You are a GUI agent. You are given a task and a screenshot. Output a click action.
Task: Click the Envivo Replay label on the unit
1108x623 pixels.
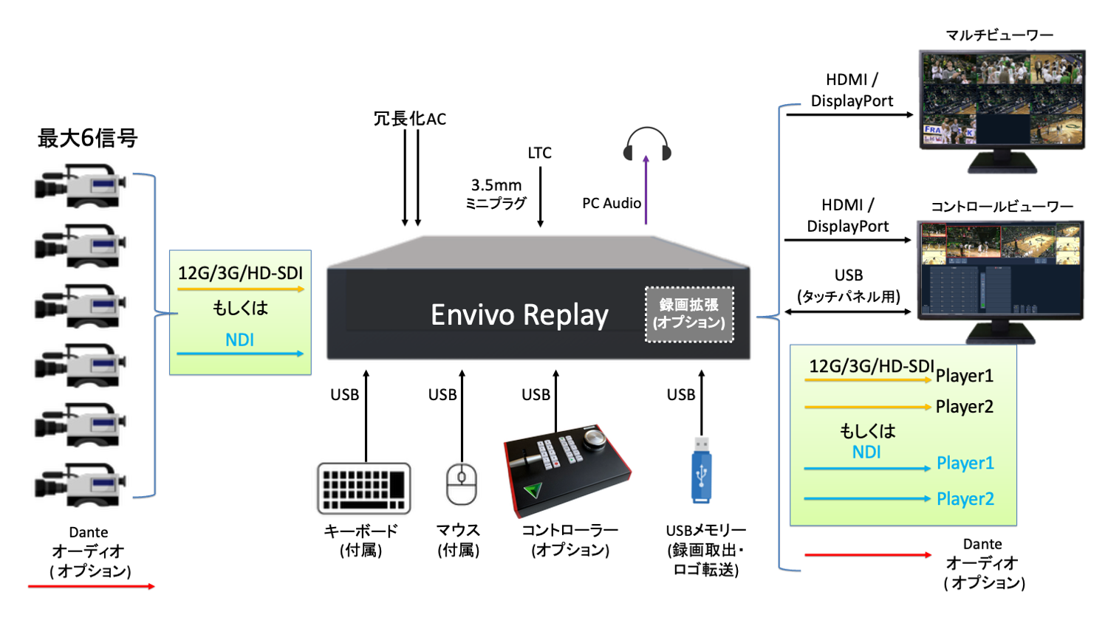pyautogui.click(x=519, y=315)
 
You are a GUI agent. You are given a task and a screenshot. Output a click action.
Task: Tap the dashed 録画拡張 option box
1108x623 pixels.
pyautogui.click(x=689, y=314)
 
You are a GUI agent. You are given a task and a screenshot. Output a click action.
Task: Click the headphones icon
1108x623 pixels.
pyautogui.click(x=646, y=143)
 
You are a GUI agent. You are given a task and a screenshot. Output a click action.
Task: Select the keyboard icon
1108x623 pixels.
pyautogui.click(x=363, y=488)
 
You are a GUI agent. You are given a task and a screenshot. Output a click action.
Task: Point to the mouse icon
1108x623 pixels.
pyautogui.click(x=462, y=484)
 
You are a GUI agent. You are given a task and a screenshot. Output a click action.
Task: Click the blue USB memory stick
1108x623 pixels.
pyautogui.click(x=701, y=469)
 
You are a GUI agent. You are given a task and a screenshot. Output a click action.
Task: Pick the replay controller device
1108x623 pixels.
pyautogui.click(x=566, y=469)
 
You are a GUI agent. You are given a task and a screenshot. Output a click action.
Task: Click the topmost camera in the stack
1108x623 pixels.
pyautogui.click(x=80, y=185)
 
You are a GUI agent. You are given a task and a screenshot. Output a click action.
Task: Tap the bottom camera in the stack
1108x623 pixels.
pyautogui.click(x=80, y=484)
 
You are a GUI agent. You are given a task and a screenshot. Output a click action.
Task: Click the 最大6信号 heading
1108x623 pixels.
pyautogui.click(x=87, y=138)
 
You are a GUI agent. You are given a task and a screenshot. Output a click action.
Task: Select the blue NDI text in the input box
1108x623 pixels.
pyautogui.click(x=239, y=340)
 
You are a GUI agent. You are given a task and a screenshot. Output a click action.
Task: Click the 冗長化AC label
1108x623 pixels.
pyautogui.click(x=409, y=119)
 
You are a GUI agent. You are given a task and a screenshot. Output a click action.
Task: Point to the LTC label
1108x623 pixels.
pyautogui.click(x=539, y=153)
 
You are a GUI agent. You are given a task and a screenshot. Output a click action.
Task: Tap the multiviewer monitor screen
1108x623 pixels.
pyautogui.click(x=1002, y=99)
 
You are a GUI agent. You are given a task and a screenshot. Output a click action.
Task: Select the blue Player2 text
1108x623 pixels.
pyautogui.click(x=965, y=499)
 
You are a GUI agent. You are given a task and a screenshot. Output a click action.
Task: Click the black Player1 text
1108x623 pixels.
pyautogui.click(x=964, y=376)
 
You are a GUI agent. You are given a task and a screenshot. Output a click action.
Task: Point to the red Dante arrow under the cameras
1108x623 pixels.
pyautogui.click(x=91, y=586)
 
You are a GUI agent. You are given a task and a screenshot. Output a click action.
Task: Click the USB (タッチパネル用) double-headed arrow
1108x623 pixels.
pyautogui.click(x=847, y=311)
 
